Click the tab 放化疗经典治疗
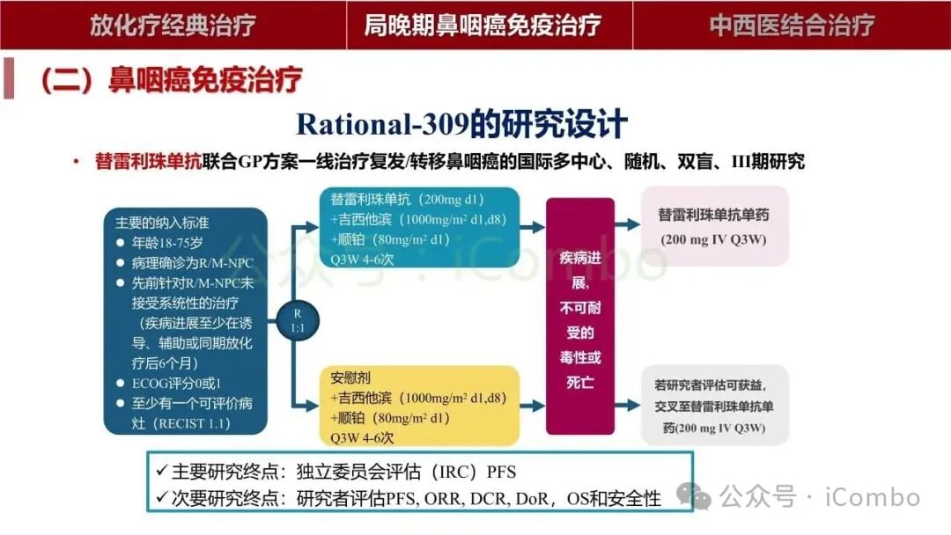(x=173, y=25)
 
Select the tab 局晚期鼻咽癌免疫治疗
(x=483, y=25)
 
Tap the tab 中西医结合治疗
(x=792, y=25)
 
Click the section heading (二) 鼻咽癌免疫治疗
(x=171, y=80)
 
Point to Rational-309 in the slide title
(x=381, y=123)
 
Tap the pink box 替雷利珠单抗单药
(x=714, y=226)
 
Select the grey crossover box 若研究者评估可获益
(x=714, y=405)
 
